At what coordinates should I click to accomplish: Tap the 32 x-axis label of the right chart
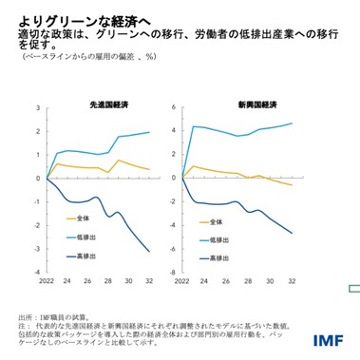pyautogui.click(x=292, y=280)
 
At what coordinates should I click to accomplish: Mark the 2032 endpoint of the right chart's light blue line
pyautogui.click(x=292, y=123)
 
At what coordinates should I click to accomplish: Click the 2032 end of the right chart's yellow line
pyautogui.click(x=292, y=184)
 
